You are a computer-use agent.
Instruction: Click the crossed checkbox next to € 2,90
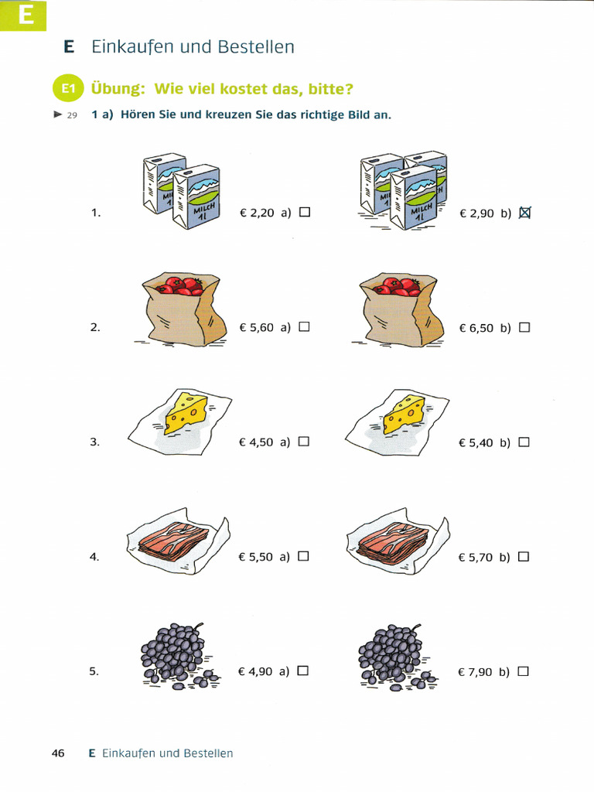tap(525, 213)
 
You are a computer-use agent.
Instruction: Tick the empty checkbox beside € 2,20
tap(305, 212)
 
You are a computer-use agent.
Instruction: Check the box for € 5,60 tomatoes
tap(304, 327)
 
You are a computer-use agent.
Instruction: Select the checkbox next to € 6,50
tap(524, 327)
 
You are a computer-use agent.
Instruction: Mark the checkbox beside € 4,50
tap(303, 442)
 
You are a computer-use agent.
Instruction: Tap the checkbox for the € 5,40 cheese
tap(524, 442)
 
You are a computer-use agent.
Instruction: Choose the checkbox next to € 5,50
tap(303, 556)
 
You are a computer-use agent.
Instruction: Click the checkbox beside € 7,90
tap(524, 671)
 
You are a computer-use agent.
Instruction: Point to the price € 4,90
tap(255, 671)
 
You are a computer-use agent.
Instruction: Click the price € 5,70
tap(476, 557)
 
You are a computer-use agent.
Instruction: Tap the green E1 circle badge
tap(68, 88)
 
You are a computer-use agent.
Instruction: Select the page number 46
tap(58, 753)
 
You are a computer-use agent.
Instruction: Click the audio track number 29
tap(72, 115)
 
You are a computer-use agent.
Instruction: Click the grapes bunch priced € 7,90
tap(397, 657)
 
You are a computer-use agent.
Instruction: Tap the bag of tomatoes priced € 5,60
tap(183, 309)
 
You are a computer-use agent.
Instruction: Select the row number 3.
tap(94, 442)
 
